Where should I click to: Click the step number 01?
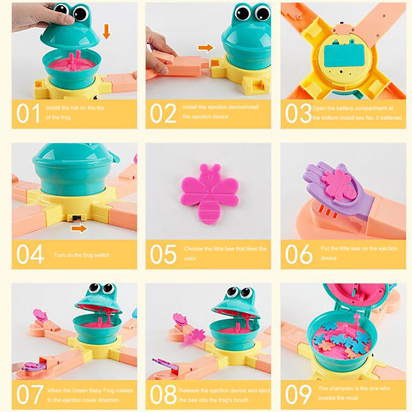pyautogui.click(x=28, y=113)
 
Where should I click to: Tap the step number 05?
pyautogui.click(x=163, y=254)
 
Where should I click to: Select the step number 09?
pyautogui.click(x=298, y=394)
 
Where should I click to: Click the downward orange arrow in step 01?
pyautogui.click(x=106, y=31)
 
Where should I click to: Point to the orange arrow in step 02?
pyautogui.click(x=205, y=48)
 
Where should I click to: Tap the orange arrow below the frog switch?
pyautogui.click(x=79, y=228)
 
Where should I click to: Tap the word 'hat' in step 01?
pyautogui.click(x=75, y=108)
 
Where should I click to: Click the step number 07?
pyautogui.click(x=29, y=394)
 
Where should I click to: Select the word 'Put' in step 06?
pyautogui.click(x=325, y=248)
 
